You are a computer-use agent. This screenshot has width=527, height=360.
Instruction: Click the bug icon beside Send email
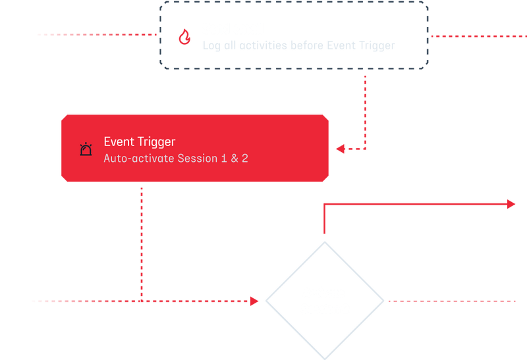(184, 37)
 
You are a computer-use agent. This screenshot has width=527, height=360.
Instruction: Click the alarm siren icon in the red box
(86, 150)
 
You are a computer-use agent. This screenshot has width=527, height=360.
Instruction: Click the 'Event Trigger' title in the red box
(139, 142)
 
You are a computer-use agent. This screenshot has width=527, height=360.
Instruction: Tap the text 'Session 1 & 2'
(213, 159)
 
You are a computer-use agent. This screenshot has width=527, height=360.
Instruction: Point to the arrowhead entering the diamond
(255, 301)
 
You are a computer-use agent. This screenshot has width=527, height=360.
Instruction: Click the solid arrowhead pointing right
(511, 204)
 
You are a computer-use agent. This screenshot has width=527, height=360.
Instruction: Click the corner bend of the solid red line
(325, 205)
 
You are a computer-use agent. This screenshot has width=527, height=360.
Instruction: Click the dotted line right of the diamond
(455, 301)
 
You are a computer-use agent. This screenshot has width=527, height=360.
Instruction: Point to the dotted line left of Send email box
(96, 35)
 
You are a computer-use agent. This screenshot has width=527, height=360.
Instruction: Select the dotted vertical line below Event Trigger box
(142, 244)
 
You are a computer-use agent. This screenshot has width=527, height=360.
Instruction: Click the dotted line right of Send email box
(478, 36)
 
